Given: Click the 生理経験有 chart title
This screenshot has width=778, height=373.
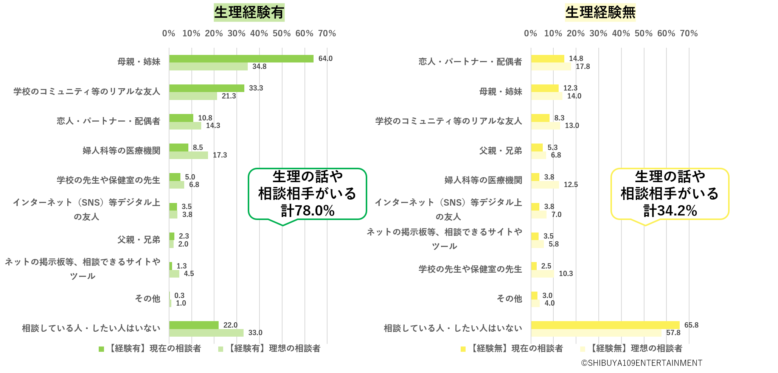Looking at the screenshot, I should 249,12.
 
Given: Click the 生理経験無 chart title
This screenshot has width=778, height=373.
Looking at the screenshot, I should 600,12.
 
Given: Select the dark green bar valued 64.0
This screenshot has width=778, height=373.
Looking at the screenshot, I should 241,59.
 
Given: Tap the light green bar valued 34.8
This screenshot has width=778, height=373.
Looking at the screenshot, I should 208,67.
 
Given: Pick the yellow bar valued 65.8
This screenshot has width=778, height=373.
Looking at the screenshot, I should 605,325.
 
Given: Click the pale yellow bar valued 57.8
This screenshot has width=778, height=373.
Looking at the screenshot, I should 596,333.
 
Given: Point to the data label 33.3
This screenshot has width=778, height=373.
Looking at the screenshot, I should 256,88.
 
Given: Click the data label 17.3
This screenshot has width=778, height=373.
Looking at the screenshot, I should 220,155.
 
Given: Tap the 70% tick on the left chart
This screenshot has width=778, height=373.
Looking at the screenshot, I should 327,33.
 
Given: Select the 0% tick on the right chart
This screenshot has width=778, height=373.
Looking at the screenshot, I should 530,33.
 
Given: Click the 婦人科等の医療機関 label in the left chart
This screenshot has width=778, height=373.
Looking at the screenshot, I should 121,151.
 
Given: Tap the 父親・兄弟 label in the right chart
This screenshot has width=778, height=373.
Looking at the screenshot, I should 500,151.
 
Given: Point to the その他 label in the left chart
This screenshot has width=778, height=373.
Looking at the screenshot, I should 148,299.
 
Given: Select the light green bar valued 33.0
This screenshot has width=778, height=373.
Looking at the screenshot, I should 206,333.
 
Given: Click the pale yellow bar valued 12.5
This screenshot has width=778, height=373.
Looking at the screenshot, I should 545,185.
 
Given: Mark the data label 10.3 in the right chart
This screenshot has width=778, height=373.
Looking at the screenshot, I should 565,274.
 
